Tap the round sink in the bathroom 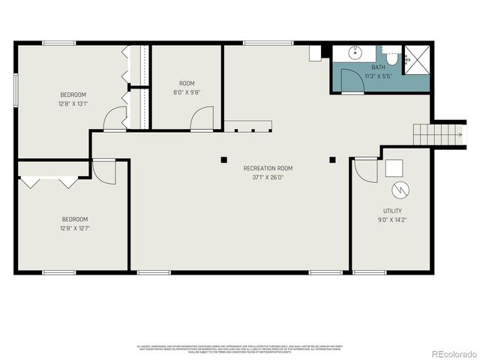[x=355, y=54]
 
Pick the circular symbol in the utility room [x=400, y=188]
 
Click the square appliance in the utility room [x=394, y=168]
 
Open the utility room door [x=364, y=170]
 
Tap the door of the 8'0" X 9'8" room [x=201, y=118]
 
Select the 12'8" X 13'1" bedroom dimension [x=74, y=104]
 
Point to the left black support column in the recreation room [x=223, y=158]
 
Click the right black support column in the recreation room [x=333, y=158]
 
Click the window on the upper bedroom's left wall [x=15, y=90]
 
